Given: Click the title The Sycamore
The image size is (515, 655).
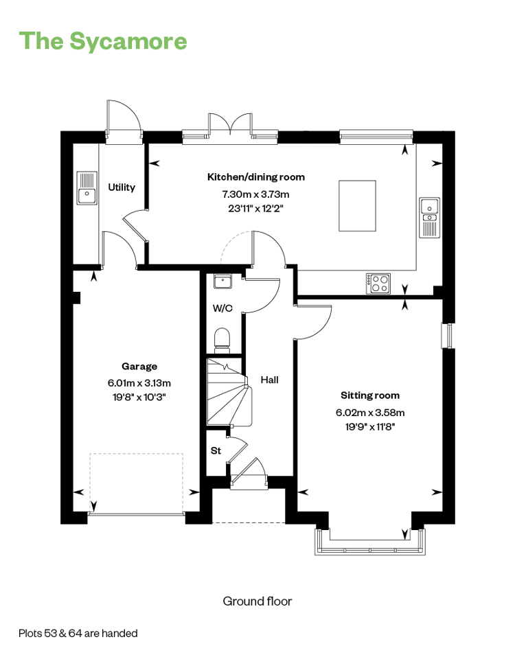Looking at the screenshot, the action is (103, 41).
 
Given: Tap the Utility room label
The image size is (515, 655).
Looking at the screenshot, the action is (122, 187).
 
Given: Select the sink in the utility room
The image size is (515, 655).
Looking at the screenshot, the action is (87, 188).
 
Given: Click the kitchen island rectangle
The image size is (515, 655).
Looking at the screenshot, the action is (357, 205).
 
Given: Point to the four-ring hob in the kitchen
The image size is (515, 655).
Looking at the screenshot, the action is (378, 284).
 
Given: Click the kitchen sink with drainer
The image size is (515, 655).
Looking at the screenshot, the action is (429, 218).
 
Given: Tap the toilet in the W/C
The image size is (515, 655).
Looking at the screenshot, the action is (222, 338).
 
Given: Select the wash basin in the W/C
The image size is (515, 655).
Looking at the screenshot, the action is (222, 281).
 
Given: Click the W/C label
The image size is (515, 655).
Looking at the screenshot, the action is (222, 308).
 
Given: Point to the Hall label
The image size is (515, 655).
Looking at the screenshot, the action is (269, 380).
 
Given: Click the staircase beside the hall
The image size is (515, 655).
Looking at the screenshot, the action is (229, 392).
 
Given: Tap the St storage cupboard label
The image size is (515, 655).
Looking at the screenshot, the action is (216, 450).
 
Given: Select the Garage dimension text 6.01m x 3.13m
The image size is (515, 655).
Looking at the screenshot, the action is (139, 383).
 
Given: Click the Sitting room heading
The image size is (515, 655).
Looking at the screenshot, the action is (370, 395).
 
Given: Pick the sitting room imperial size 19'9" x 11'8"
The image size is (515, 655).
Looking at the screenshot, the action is (370, 426).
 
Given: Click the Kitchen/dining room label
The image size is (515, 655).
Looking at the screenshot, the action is (256, 176).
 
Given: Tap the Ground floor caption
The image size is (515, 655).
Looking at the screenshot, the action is (257, 601).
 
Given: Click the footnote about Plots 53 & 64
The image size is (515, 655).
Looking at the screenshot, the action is (78, 633).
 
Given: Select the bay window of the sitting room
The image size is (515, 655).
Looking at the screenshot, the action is (370, 542).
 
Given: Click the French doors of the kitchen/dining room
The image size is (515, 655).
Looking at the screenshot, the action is (230, 124).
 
